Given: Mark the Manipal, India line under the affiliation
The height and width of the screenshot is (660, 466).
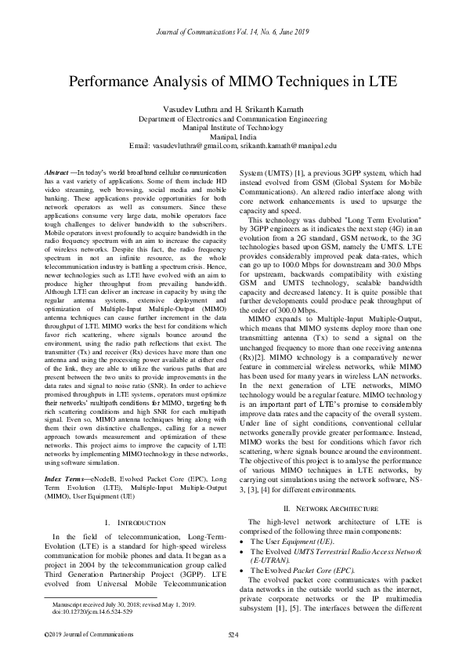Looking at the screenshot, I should pos(233,136).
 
